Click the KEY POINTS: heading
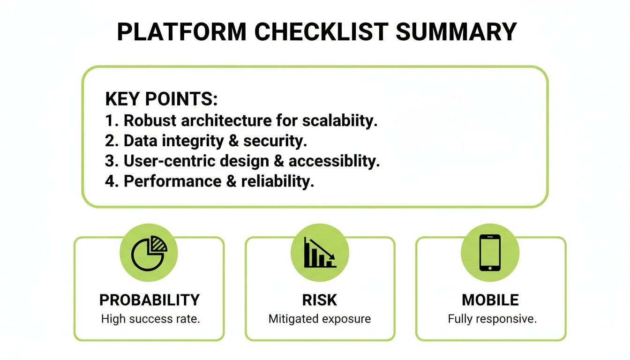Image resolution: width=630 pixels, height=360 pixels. click(161, 99)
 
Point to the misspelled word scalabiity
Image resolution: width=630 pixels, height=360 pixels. click(340, 120)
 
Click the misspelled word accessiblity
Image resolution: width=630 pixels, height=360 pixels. click(334, 161)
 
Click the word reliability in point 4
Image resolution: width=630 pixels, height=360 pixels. click(277, 181)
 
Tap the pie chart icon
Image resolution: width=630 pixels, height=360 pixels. click(149, 253)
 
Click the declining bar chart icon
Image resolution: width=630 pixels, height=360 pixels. click(320, 253)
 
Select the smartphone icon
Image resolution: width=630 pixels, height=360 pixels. click(490, 253)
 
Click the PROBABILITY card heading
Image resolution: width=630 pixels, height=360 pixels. click(150, 300)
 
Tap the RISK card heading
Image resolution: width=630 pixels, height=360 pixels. click(320, 300)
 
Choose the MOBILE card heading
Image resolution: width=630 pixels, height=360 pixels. click(490, 300)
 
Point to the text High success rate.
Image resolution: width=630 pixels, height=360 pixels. click(150, 320)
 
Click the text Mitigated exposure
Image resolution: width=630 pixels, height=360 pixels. click(320, 320)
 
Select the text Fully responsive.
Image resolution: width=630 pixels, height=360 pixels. click(492, 320)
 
